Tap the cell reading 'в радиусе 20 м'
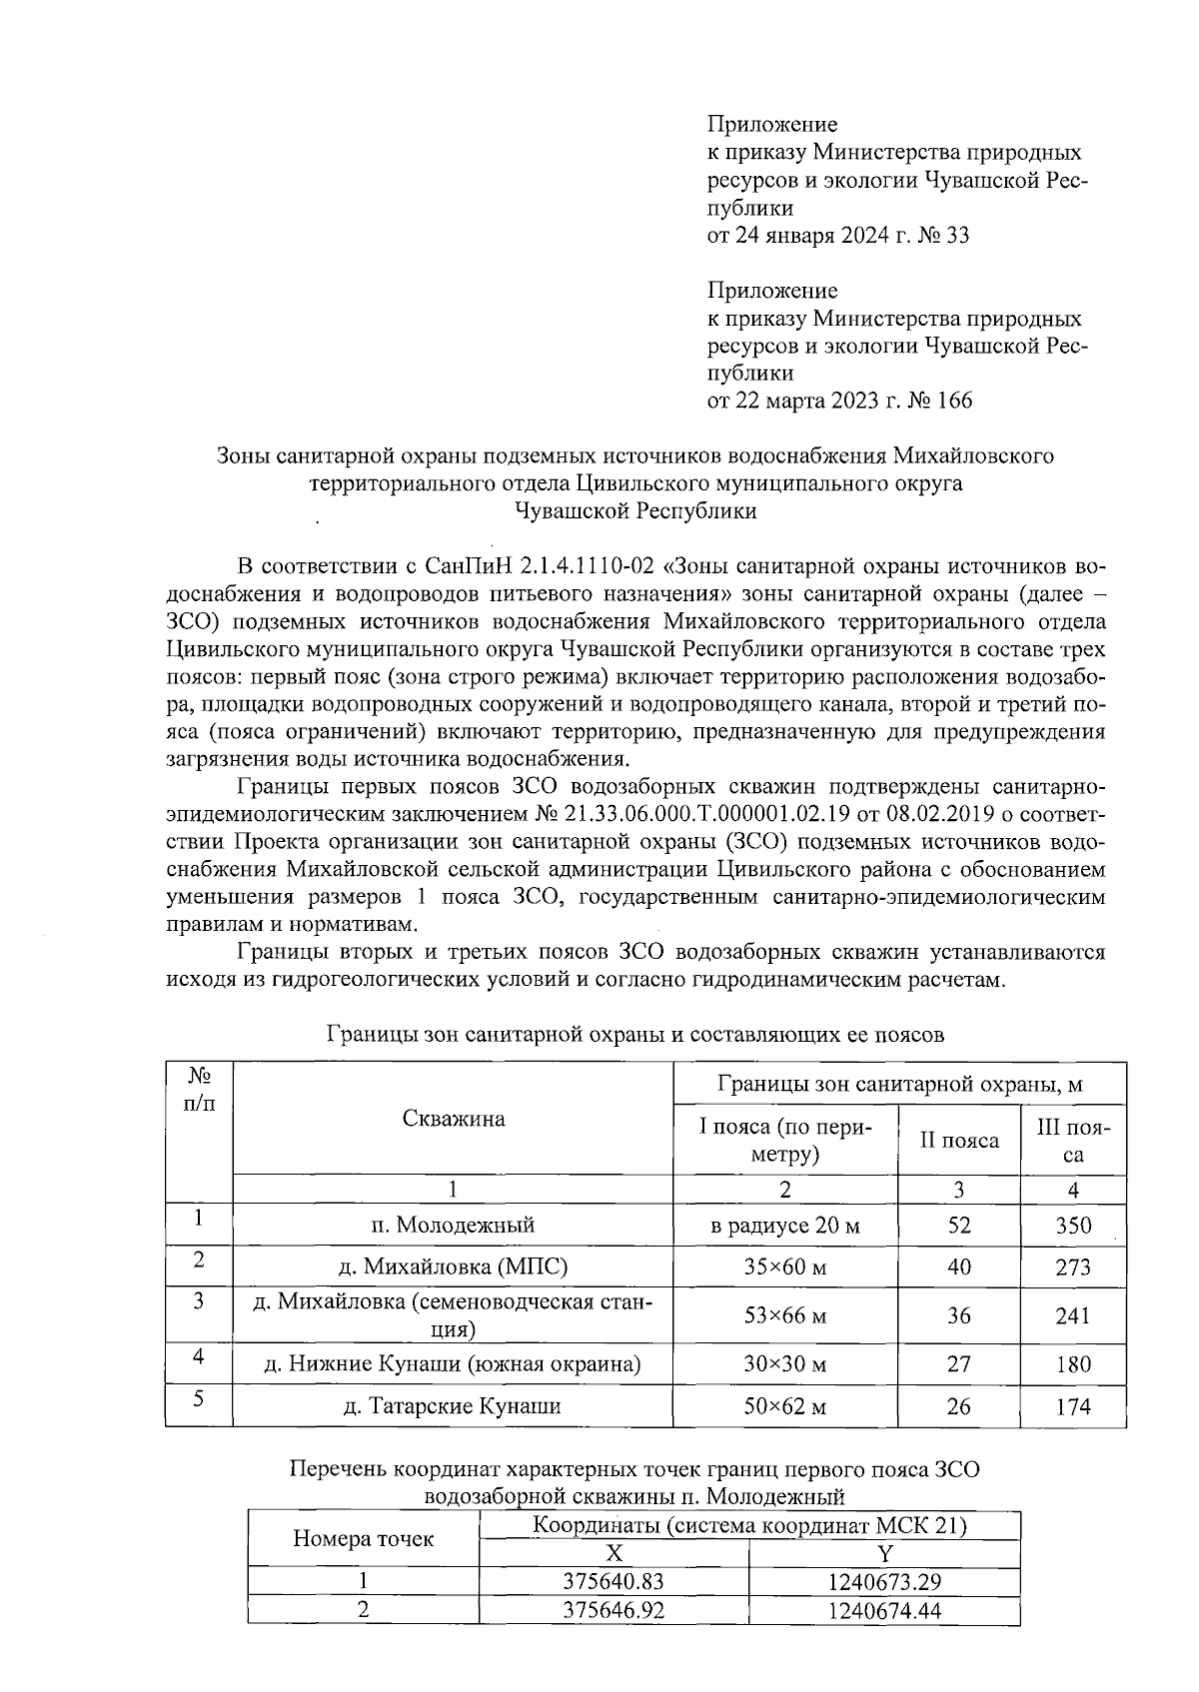tap(784, 1226)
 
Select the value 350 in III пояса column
tap(1073, 1226)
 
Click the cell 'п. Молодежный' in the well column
tap(453, 1226)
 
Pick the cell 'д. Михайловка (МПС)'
tap(453, 1268)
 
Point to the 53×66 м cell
tap(784, 1315)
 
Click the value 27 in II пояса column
tap(958, 1364)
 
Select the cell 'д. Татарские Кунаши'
tap(453, 1406)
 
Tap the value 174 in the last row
tap(1073, 1407)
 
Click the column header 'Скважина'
tap(453, 1119)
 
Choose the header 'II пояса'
tap(958, 1141)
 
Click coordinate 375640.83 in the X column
tap(613, 1582)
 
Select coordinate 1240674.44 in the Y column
tap(884, 1610)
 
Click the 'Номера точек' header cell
tap(363, 1539)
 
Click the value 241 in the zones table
tap(1073, 1315)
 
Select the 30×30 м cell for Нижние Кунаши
tap(784, 1364)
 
